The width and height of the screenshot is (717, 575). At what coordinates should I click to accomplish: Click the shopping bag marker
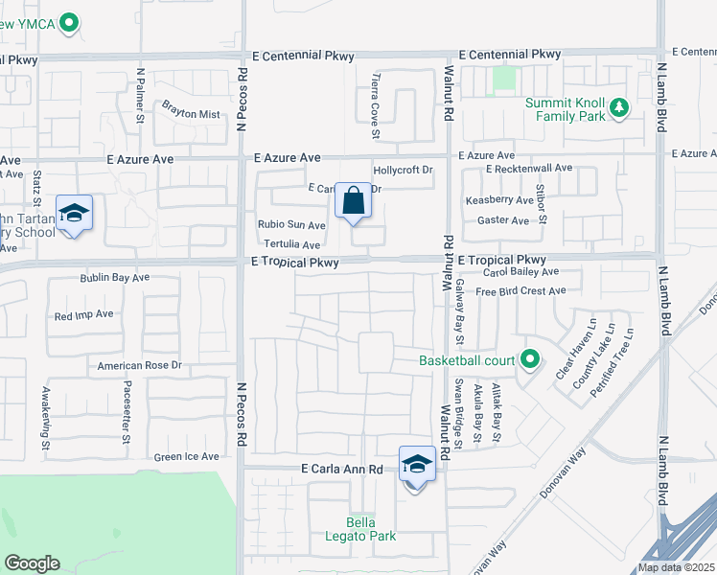click(353, 202)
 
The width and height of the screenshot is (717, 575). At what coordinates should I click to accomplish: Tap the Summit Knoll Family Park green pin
click(619, 107)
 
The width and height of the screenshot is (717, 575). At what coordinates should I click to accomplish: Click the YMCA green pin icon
click(68, 23)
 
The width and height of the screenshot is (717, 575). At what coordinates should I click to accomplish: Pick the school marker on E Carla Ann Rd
click(417, 465)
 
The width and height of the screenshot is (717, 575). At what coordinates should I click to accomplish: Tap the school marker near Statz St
click(74, 214)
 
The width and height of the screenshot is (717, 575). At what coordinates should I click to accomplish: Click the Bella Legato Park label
click(371, 529)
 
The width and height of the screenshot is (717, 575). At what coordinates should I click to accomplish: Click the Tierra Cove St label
click(376, 96)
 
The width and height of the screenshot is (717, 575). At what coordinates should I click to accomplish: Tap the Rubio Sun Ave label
click(291, 225)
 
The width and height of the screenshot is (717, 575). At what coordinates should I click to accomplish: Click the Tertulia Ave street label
click(291, 245)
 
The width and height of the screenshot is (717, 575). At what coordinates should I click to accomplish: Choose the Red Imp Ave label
click(84, 314)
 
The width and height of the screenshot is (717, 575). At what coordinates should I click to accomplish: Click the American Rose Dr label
click(139, 365)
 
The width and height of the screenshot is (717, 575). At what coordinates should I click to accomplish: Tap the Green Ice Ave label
click(187, 457)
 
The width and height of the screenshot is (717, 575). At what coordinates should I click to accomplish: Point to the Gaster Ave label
click(503, 220)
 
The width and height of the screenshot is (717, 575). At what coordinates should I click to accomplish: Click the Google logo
click(32, 563)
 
